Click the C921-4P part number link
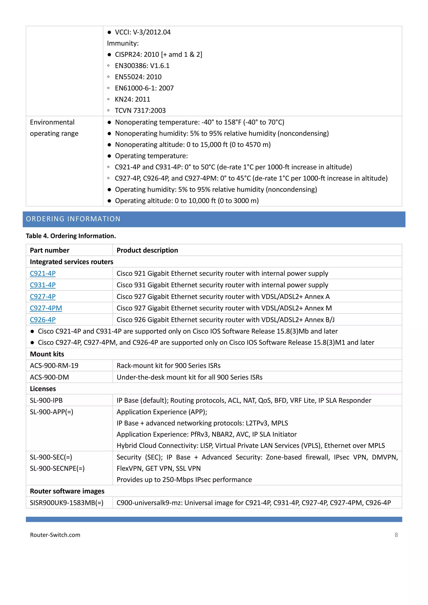click(x=43, y=273)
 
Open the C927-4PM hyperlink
click(x=46, y=308)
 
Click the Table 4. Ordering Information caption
click(x=71, y=236)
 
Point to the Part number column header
click(x=50, y=250)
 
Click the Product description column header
click(x=147, y=250)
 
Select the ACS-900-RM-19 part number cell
click(x=54, y=366)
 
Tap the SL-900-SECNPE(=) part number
click(x=57, y=468)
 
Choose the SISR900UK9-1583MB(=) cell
click(x=67, y=503)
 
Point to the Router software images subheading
click(x=67, y=491)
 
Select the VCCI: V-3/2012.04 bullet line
click(x=143, y=32)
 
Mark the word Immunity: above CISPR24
click(x=123, y=43)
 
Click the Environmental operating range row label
click(x=54, y=128)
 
